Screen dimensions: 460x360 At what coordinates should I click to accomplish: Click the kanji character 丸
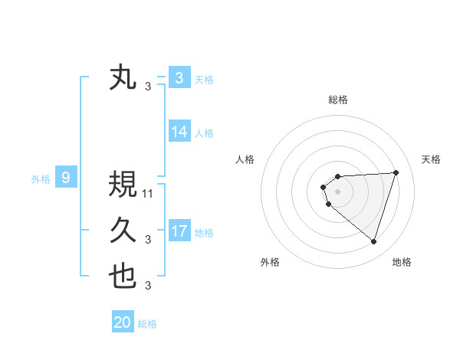point(123,78)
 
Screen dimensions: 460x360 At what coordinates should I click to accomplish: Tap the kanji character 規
point(123,184)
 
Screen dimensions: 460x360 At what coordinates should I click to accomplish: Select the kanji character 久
point(123,231)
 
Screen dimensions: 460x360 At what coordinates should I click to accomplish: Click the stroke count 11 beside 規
point(148,193)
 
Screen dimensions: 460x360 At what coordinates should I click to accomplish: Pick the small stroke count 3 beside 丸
point(148,87)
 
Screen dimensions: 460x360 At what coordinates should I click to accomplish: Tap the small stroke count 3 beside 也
point(148,286)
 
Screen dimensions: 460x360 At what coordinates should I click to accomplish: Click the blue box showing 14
point(179,132)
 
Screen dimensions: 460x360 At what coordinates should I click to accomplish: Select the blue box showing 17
point(179,231)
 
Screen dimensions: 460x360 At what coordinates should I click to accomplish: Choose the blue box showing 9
point(66,178)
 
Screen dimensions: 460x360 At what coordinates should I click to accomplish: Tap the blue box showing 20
point(123,322)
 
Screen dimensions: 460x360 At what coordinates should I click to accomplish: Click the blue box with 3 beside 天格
point(179,78)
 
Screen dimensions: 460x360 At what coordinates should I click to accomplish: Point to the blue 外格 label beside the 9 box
point(41,179)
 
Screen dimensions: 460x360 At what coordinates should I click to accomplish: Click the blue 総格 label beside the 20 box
point(147,323)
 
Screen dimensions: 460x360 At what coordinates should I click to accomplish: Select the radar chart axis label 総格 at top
point(337,100)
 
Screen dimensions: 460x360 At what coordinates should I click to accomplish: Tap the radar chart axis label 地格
point(402,262)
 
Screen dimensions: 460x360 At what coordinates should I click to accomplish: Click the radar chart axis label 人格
point(245,159)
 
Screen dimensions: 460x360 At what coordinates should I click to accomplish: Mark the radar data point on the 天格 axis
point(396,172)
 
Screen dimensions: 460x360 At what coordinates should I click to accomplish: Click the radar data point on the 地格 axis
point(373,242)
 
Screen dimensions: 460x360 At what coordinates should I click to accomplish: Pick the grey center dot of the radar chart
point(337,191)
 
